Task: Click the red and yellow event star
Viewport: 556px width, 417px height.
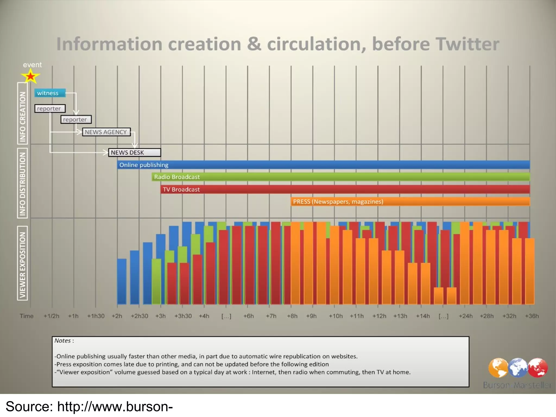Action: [x=31, y=76]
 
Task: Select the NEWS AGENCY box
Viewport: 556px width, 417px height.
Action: [x=106, y=132]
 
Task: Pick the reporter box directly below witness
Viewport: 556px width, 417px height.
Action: [x=50, y=109]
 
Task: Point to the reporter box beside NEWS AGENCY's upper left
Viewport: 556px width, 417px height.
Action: [x=76, y=120]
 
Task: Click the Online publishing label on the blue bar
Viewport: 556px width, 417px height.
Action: [x=144, y=165]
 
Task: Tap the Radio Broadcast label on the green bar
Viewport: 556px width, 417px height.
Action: [x=177, y=177]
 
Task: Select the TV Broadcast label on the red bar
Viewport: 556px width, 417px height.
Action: [x=181, y=189]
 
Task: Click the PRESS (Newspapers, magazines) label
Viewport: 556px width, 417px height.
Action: [x=338, y=202]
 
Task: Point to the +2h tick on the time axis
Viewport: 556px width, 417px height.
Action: [x=117, y=316]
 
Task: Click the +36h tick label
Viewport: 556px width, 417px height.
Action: [x=532, y=316]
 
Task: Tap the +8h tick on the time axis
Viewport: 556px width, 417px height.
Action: [x=292, y=316]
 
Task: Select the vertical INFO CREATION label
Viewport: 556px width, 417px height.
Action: [x=23, y=117]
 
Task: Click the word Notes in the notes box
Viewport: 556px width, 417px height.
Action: [x=62, y=341]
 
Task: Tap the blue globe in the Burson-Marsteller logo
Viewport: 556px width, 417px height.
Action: [x=518, y=368]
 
